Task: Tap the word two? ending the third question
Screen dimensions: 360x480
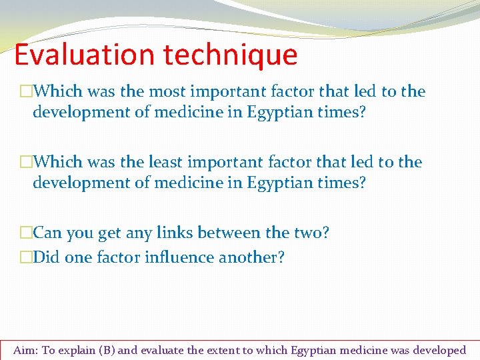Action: click(309, 233)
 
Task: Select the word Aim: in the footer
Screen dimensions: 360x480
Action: click(26, 350)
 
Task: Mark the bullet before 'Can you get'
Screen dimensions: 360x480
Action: click(26, 233)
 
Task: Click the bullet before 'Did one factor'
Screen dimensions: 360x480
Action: click(26, 257)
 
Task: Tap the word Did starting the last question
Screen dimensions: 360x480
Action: click(45, 257)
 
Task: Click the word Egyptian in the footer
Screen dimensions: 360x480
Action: click(312, 350)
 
